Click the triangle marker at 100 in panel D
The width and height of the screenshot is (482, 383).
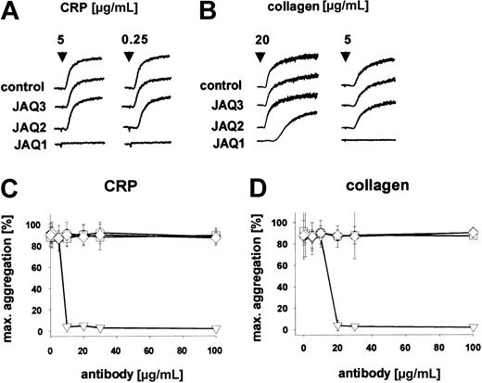pyautogui.click(x=473, y=327)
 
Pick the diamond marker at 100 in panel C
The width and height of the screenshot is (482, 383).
pyautogui.click(x=216, y=236)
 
